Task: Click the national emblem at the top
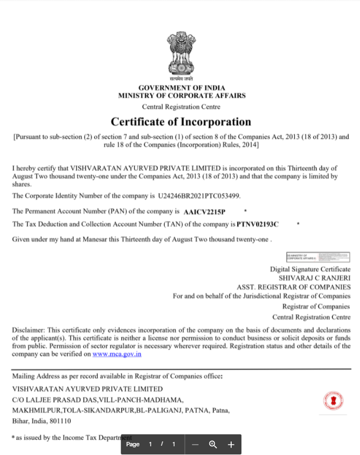tap(182, 54)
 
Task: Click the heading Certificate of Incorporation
tap(181, 122)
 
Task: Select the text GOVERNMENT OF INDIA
tap(182, 88)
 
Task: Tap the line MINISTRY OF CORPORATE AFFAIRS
tap(182, 95)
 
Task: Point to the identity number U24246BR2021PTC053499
tap(199, 195)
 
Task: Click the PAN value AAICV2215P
tap(204, 211)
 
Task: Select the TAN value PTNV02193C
tap(258, 224)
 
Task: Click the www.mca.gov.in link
tap(117, 354)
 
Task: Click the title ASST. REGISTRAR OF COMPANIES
tap(294, 287)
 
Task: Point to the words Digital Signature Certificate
tap(310, 269)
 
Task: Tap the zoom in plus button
tap(231, 445)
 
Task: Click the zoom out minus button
tap(195, 445)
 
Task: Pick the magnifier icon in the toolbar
tap(213, 445)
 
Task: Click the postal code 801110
tap(58, 421)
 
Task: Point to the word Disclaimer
tap(29, 330)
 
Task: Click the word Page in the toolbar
tap(133, 445)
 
